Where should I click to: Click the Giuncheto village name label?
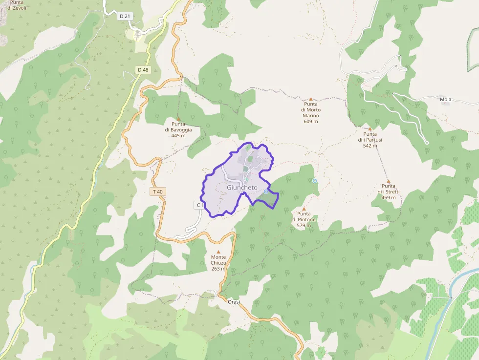pyautogui.click(x=242, y=188)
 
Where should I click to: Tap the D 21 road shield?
pyautogui.click(x=125, y=16)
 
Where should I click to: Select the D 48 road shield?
pyautogui.click(x=143, y=70)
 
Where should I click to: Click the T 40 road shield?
pyautogui.click(x=157, y=192)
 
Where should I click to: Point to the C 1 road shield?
pyautogui.click(x=199, y=205)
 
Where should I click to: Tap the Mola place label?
pyautogui.click(x=445, y=100)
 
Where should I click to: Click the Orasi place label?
pyautogui.click(x=234, y=302)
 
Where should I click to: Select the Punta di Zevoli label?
pyautogui.click(x=17, y=5)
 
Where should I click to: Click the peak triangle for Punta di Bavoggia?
pyautogui.click(x=178, y=119)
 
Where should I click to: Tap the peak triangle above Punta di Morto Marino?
pyautogui.click(x=310, y=99)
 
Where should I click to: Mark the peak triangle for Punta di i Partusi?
pyautogui.click(x=370, y=129)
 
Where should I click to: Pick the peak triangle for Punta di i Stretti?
pyautogui.click(x=389, y=181)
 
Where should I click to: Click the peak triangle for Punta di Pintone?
pyautogui.click(x=304, y=209)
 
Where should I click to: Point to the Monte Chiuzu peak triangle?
pyautogui.click(x=218, y=252)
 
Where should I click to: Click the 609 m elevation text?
pyautogui.click(x=310, y=122)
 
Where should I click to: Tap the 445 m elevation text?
pyautogui.click(x=178, y=135)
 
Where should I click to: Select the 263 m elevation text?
pyautogui.click(x=218, y=269)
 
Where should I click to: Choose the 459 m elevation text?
pyautogui.click(x=389, y=198)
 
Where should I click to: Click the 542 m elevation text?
pyautogui.click(x=370, y=146)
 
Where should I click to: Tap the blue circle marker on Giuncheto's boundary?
pyautogui.click(x=266, y=191)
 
